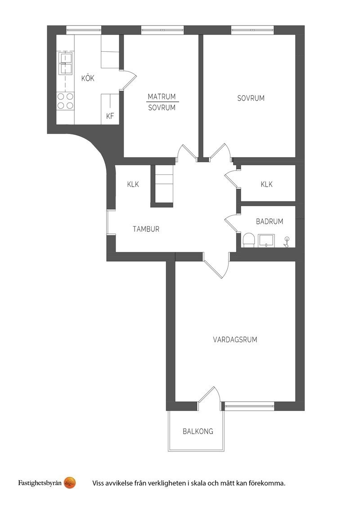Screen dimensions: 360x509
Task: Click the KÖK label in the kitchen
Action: coord(88,78)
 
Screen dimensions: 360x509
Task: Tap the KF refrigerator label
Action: coord(110,116)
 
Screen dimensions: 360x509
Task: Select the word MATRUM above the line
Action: coord(162,96)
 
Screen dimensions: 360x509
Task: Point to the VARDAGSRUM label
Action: coord(235,339)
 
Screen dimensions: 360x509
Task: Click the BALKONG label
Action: coord(198,431)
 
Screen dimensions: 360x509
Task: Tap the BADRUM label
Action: coord(270,221)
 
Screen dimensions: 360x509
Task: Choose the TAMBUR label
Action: coord(146,229)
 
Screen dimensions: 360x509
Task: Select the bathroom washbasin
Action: coord(266,241)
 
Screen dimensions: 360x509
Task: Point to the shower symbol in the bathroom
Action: coord(286,242)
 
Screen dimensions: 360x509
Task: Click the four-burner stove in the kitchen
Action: coord(65,101)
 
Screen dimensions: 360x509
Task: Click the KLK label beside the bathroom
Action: coord(266,184)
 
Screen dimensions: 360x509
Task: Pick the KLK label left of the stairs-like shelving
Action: coord(133,184)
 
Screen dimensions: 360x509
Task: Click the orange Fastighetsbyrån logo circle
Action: coord(70,483)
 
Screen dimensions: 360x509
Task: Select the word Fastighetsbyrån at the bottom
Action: coord(40,483)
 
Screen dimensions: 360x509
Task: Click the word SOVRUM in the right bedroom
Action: coord(251,98)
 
